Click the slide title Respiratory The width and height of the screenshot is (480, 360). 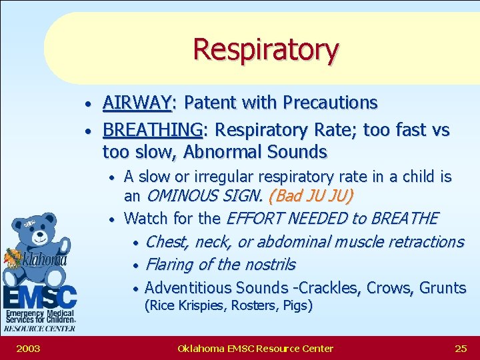[265, 49]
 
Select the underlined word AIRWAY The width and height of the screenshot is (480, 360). [137, 103]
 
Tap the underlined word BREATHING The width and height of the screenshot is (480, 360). [152, 129]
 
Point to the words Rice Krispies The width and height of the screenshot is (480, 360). [177, 306]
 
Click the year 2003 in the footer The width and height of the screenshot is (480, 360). [29, 348]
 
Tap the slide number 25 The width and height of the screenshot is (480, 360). [461, 348]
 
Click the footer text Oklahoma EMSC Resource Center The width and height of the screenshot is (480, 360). [255, 348]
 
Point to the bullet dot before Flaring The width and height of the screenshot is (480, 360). [135, 266]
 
